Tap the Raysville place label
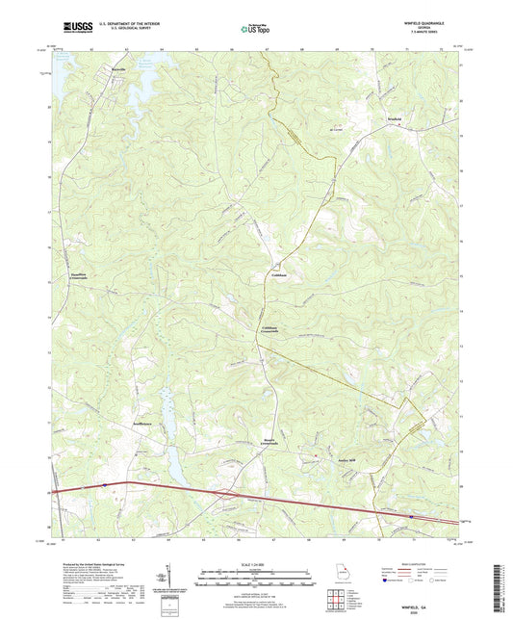pos(113,70)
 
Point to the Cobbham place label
pos(279,274)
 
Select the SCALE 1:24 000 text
pos(256,563)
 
